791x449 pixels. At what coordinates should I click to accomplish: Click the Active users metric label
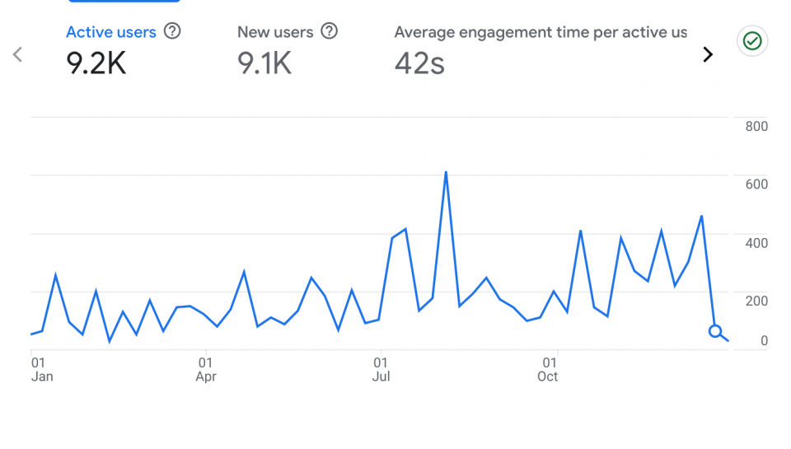click(111, 32)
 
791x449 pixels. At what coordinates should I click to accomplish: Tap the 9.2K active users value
click(96, 63)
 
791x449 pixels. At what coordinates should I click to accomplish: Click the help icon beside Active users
click(172, 31)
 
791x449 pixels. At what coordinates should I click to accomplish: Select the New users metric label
click(275, 32)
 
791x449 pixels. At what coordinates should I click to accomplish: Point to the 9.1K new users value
click(264, 63)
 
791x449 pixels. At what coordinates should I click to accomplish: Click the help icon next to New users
click(330, 31)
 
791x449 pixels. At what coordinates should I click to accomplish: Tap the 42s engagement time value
click(419, 63)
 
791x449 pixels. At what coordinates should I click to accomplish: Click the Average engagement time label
click(541, 32)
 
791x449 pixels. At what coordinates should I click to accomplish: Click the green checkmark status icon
click(751, 40)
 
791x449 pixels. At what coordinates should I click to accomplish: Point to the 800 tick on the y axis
click(756, 126)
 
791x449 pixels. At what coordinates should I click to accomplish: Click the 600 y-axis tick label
click(756, 184)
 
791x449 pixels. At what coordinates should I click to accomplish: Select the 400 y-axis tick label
click(756, 243)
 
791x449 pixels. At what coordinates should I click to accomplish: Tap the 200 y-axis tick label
click(756, 301)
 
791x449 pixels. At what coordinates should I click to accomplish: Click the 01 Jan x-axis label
click(41, 369)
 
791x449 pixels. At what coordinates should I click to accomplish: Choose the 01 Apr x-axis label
click(206, 369)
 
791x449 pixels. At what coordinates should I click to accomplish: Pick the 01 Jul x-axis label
click(381, 369)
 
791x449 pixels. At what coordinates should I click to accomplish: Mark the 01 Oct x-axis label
click(549, 369)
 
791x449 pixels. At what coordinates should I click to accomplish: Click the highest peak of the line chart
click(446, 172)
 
